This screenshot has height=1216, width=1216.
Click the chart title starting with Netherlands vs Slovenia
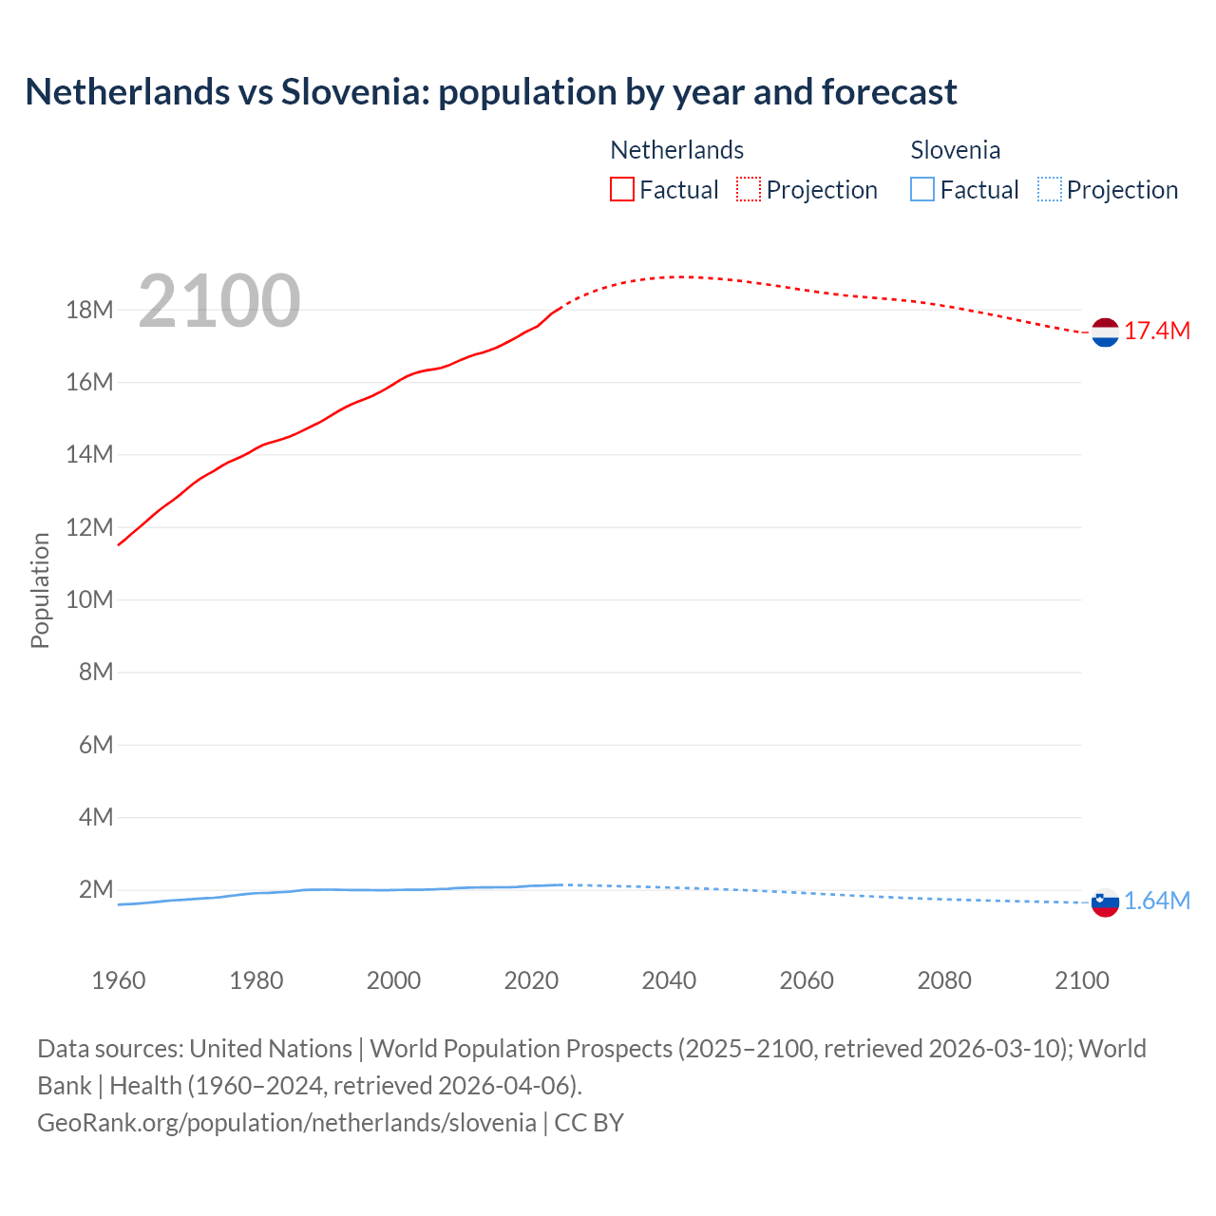(x=490, y=92)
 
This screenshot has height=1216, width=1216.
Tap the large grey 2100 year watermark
(x=219, y=301)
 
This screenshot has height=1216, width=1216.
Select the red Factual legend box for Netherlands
(x=621, y=190)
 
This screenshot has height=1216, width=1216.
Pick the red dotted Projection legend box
(x=749, y=190)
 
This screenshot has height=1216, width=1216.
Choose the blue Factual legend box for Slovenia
(x=921, y=190)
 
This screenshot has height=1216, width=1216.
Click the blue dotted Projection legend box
(x=1049, y=190)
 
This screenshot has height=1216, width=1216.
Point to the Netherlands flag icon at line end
(x=1105, y=332)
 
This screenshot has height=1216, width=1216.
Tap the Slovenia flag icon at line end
(x=1105, y=902)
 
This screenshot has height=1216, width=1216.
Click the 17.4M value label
(x=1157, y=332)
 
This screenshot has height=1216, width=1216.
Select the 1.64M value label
(x=1157, y=902)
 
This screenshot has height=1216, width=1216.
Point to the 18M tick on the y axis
(x=89, y=311)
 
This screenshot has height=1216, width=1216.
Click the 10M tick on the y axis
(x=89, y=600)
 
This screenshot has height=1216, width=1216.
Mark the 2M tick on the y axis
(x=96, y=890)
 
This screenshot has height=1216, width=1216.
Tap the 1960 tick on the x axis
(x=119, y=980)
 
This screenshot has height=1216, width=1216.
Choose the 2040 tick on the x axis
(x=669, y=980)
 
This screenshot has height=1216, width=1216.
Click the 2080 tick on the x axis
(x=944, y=980)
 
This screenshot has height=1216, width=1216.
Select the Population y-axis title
(x=40, y=590)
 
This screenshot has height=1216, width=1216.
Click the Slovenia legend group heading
(x=955, y=150)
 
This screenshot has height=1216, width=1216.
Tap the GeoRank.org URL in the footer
(x=287, y=1123)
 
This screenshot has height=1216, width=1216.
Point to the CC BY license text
(x=589, y=1123)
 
